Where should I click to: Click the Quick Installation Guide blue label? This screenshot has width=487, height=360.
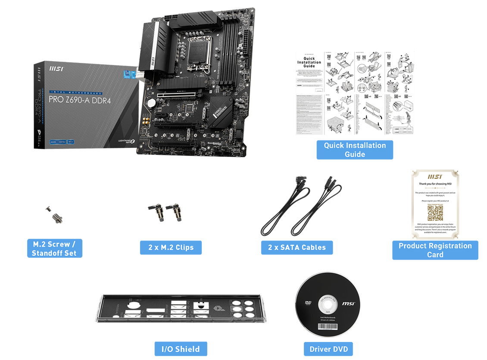pyautogui.click(x=355, y=150)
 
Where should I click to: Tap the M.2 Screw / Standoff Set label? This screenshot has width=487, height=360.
pyautogui.click(x=54, y=248)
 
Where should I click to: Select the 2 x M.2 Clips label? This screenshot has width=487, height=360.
pyautogui.click(x=171, y=247)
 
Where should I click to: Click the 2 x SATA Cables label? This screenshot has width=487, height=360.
pyautogui.click(x=297, y=247)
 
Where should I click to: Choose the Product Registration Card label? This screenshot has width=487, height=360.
pyautogui.click(x=435, y=250)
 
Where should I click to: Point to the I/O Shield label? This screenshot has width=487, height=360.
pyautogui.click(x=181, y=349)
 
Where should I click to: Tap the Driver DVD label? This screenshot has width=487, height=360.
pyautogui.click(x=328, y=349)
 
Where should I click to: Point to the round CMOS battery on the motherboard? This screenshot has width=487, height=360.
pyautogui.click(x=151, y=103)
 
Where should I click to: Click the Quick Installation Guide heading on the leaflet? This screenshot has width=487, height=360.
pyautogui.click(x=309, y=62)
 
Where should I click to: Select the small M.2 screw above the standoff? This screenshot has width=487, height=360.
pyautogui.click(x=49, y=209)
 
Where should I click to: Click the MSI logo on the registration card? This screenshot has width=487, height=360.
pyautogui.click(x=435, y=177)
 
